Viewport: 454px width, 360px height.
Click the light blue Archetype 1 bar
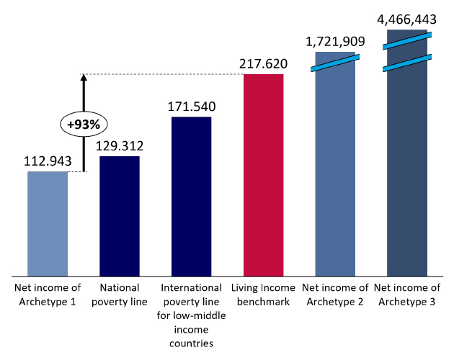(x=48, y=223)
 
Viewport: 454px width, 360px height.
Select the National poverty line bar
(x=119, y=216)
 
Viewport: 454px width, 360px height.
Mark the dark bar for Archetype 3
(x=407, y=166)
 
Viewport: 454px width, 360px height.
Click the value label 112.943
(x=48, y=161)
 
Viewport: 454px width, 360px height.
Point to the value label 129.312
(x=119, y=146)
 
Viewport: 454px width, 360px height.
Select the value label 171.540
(x=191, y=107)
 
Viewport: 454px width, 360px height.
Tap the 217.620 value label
(x=263, y=65)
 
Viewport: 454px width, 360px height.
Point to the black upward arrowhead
(x=84, y=78)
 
